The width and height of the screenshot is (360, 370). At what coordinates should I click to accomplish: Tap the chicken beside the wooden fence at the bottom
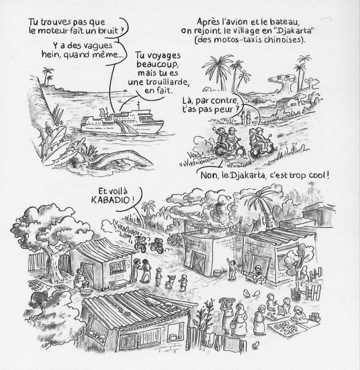255,345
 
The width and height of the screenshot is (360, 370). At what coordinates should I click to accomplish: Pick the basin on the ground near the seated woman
85,292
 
